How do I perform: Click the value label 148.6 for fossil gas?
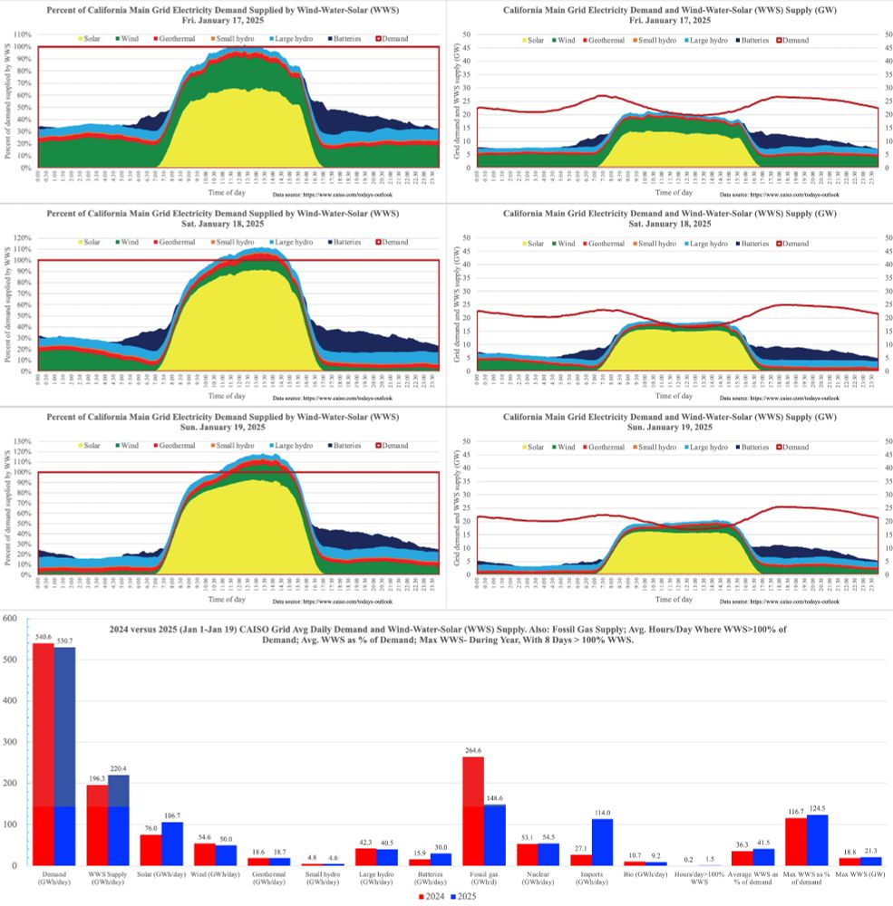495,799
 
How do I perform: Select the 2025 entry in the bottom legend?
464,895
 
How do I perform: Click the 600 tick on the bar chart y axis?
12,619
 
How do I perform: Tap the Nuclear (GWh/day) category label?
538,877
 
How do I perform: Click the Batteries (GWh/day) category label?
430,877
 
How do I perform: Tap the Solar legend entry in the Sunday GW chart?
535,447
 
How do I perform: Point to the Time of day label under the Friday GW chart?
674,192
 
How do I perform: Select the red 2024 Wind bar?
201,854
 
